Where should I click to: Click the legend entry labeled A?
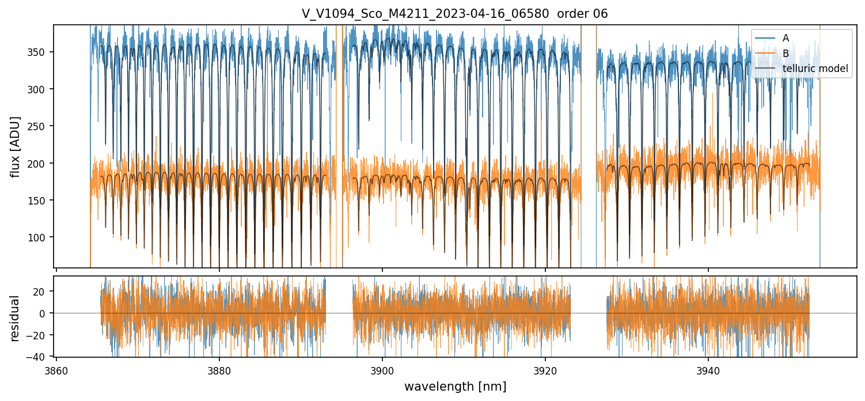tap(786, 38)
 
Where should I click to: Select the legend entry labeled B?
tap(786, 54)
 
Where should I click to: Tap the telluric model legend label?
tap(815, 69)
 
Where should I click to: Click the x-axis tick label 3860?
tap(56, 370)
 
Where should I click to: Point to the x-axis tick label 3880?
tap(219, 370)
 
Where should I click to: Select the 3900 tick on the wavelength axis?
tap(382, 370)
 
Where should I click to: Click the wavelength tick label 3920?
tap(545, 370)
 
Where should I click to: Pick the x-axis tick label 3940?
tap(708, 370)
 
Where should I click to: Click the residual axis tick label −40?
tap(40, 357)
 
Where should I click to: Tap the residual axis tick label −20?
tap(40, 335)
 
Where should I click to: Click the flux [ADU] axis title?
tap(16, 146)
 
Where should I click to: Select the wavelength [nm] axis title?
tap(455, 387)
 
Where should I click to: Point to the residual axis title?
tap(16, 318)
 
